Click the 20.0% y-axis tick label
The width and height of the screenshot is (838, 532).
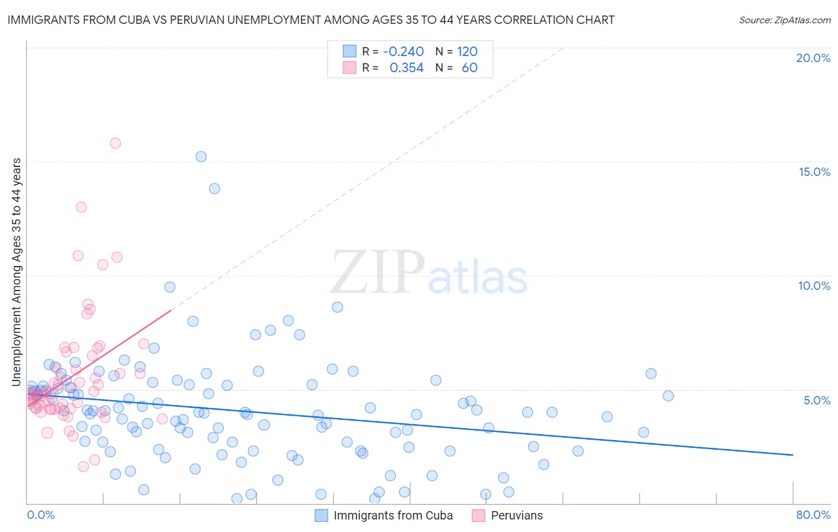(x=813, y=58)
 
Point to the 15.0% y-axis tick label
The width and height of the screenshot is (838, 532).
(x=814, y=172)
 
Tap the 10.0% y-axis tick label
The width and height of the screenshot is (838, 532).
(x=814, y=286)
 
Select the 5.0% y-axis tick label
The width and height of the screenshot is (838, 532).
(x=817, y=400)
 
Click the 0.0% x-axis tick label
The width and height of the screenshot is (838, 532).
(x=41, y=515)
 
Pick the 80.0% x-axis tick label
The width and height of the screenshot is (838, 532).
(x=813, y=515)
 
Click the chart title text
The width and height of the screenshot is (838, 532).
(x=311, y=20)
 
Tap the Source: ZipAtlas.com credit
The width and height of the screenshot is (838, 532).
(x=784, y=20)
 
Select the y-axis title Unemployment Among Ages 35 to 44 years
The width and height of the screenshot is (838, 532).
(x=17, y=271)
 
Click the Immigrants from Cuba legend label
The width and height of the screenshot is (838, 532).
(x=393, y=515)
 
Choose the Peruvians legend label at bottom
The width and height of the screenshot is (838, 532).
(x=517, y=515)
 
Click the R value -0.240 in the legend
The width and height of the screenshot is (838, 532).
(x=404, y=52)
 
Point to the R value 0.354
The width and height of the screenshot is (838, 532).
(x=406, y=68)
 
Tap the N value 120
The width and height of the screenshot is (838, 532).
(x=467, y=52)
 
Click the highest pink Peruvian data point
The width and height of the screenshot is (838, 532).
(x=116, y=143)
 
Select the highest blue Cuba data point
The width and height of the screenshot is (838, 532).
(x=201, y=157)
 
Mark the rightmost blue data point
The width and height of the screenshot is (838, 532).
(x=668, y=396)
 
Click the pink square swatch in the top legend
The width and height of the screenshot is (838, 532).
(x=349, y=68)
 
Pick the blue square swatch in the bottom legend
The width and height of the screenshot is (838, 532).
(x=321, y=515)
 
